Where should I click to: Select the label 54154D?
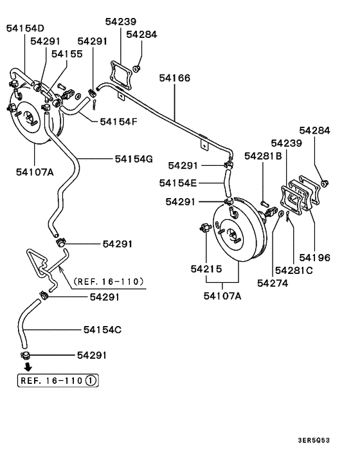pyautogui.click(x=26, y=28)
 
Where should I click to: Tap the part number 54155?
pyautogui.click(x=67, y=55)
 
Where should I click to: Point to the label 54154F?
pyautogui.click(x=119, y=120)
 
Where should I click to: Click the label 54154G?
pyautogui.click(x=134, y=158)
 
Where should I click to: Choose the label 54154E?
pyautogui.click(x=178, y=183)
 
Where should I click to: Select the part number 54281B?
pyautogui.click(x=262, y=155)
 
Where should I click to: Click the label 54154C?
pyautogui.click(x=102, y=330)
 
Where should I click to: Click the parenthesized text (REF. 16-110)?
pyautogui.click(x=109, y=281)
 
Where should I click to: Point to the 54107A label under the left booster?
pyautogui.click(x=34, y=172)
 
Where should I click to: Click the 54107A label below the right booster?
pyautogui.click(x=223, y=296)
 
